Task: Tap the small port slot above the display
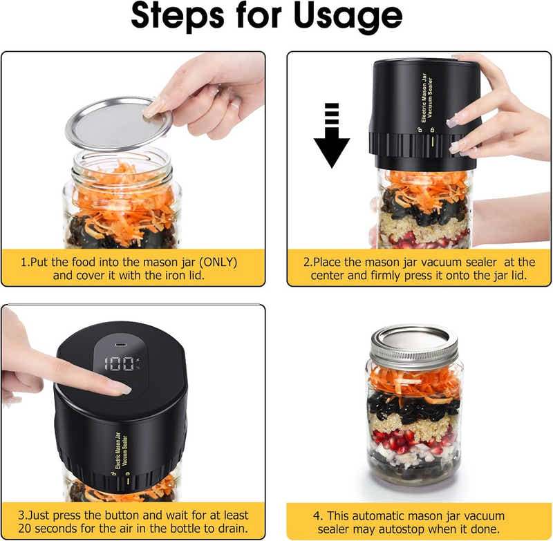122,343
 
